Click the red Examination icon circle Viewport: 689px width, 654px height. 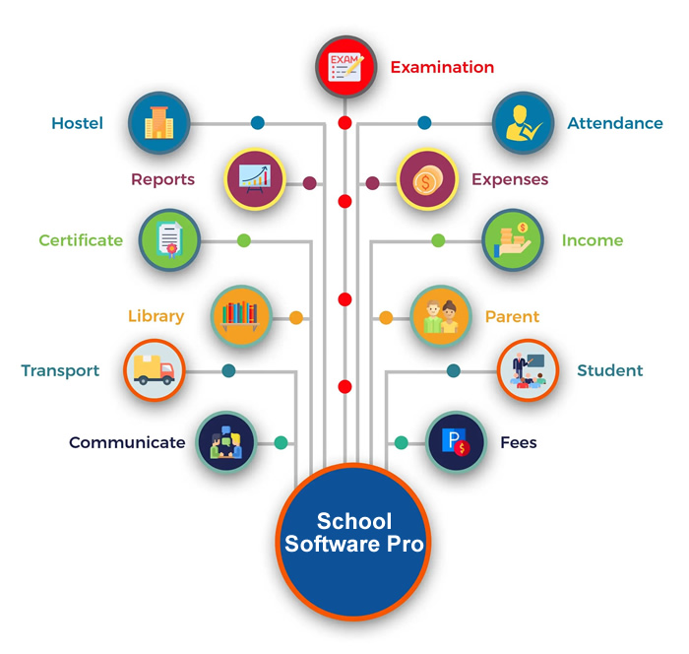click(x=345, y=67)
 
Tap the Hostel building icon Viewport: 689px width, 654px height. click(x=159, y=123)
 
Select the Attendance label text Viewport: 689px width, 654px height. click(x=615, y=123)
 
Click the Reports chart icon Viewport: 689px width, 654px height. click(x=255, y=178)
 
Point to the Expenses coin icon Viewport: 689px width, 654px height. click(x=427, y=179)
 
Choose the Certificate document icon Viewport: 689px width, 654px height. click(x=169, y=239)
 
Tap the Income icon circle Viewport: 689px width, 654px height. click(x=513, y=240)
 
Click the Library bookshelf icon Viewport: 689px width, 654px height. click(x=240, y=316)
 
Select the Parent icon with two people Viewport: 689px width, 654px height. click(x=441, y=316)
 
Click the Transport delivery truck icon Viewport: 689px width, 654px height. click(x=154, y=370)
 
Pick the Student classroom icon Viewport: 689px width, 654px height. click(x=528, y=370)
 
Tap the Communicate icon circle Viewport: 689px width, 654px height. click(x=226, y=442)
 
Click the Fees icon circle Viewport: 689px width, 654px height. click(x=456, y=442)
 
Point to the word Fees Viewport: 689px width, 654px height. click(x=519, y=442)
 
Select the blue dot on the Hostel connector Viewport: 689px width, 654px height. click(x=258, y=123)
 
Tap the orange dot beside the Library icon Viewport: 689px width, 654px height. click(x=296, y=317)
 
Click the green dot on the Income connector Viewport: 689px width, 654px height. click(x=438, y=240)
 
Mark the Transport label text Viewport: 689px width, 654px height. click(x=60, y=371)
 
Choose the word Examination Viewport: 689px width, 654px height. click(x=443, y=67)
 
